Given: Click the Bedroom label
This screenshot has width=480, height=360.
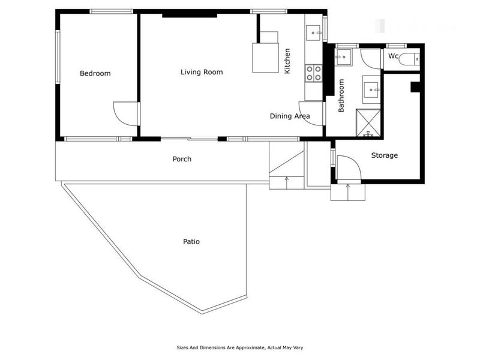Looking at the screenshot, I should point(95,73).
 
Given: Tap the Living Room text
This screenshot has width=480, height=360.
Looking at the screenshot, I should point(202,72).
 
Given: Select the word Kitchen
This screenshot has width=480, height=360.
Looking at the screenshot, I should point(287,61).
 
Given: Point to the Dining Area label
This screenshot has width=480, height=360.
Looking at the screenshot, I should point(289,116).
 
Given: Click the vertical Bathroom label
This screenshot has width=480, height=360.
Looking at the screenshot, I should point(341,96).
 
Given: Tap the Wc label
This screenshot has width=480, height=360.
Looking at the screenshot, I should point(393,56).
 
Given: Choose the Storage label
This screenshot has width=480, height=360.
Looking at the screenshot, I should point(384,155).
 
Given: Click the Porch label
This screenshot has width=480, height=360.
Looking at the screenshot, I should point(182,159).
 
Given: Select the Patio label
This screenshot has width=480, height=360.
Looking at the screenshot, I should point(191,242).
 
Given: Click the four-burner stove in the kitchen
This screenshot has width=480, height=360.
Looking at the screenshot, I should point(314,73).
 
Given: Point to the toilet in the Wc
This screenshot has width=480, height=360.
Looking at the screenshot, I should point(410,59).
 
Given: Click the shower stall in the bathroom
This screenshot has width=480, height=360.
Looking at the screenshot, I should point(368,123).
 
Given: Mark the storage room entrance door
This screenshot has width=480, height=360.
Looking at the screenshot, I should point(348,167).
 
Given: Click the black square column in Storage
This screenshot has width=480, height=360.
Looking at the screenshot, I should point(415,87).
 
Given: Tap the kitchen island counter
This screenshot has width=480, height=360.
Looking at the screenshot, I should point(265,57).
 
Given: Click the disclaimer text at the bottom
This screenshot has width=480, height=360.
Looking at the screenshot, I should point(244,347).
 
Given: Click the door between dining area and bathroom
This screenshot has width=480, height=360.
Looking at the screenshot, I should point(317,113).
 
